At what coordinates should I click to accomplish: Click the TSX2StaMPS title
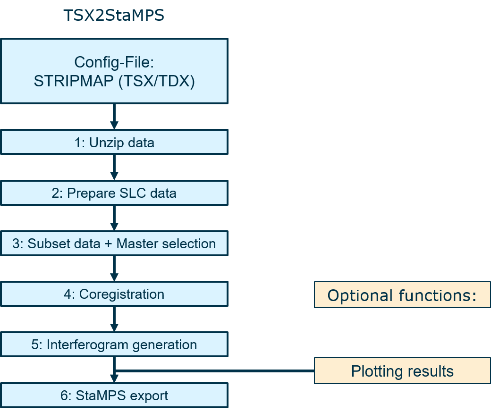(x=114, y=16)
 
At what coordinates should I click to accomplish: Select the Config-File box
(x=114, y=71)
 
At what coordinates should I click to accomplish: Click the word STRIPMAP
(x=74, y=81)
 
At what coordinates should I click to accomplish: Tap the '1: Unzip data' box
(x=114, y=143)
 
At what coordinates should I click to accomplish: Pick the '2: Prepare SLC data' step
(x=114, y=193)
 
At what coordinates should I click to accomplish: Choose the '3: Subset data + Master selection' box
(x=114, y=244)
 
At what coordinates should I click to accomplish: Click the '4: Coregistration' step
(x=114, y=294)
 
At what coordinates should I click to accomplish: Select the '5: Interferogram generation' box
(x=114, y=345)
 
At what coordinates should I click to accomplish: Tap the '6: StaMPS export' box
(x=114, y=395)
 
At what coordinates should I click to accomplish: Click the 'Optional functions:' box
(x=402, y=295)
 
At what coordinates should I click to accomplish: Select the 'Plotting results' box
(x=402, y=371)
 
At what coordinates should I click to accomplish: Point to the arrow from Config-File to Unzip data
(x=114, y=117)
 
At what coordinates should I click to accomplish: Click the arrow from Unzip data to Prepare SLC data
(x=114, y=168)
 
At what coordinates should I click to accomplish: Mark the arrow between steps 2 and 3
(x=114, y=218)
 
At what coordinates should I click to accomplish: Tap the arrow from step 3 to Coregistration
(x=114, y=269)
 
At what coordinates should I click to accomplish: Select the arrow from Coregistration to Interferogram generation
(x=114, y=319)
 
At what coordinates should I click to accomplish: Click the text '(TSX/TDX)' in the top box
(x=157, y=81)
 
